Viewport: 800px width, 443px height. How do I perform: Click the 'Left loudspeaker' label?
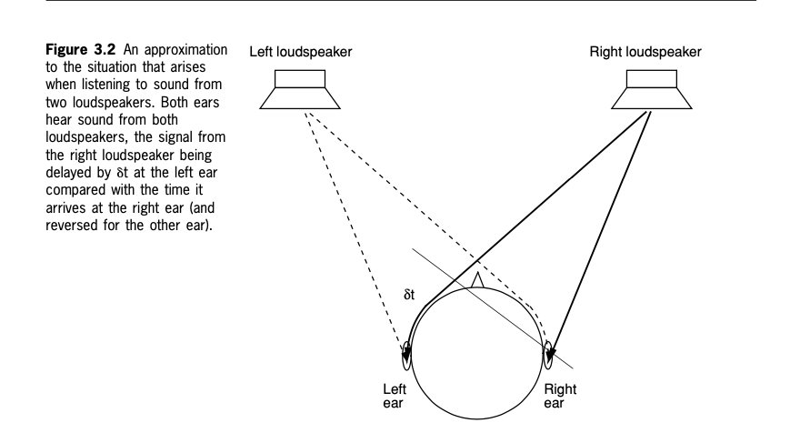tap(301, 52)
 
